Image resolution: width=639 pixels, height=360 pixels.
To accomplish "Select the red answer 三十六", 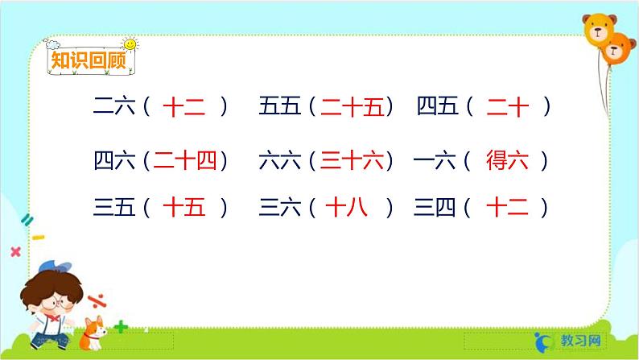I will [x=352, y=162].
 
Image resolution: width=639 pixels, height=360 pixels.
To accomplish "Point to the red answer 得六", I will [x=507, y=161].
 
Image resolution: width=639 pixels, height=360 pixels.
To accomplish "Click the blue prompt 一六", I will [x=434, y=162].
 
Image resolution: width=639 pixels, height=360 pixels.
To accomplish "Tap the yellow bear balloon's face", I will [x=599, y=32].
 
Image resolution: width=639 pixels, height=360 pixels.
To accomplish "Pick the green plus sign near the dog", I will [x=122, y=327].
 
